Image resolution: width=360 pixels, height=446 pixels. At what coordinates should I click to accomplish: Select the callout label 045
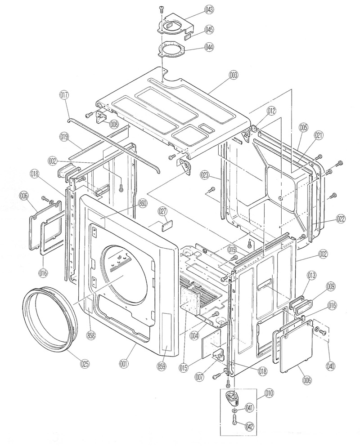coord(196,30)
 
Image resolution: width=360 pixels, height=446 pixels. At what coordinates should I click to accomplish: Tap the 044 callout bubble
coord(196,47)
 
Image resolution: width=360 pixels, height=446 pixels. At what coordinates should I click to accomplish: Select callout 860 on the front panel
coord(143,203)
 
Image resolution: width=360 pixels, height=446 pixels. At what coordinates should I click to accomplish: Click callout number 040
coord(330,366)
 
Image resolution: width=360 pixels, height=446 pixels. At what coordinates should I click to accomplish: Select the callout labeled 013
coord(311,275)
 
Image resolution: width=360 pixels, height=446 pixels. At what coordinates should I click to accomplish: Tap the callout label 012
coord(271,110)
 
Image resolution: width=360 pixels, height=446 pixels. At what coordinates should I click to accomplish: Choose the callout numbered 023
coord(205,174)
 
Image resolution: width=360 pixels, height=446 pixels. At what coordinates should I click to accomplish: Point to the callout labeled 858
coord(91,335)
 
